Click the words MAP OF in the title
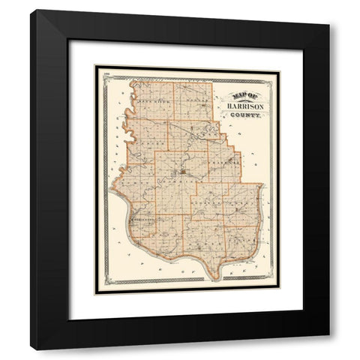(239, 97)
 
